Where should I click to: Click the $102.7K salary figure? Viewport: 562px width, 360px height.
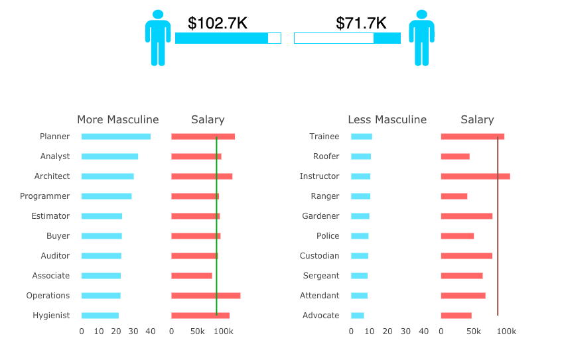[x=217, y=23]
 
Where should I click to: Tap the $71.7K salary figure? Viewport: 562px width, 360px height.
[x=361, y=23]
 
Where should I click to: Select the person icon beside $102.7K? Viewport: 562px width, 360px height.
[x=158, y=38]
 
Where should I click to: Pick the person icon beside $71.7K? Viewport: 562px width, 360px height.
[x=421, y=38]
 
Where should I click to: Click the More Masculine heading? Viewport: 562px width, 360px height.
[x=118, y=120]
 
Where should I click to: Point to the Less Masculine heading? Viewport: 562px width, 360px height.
[x=387, y=120]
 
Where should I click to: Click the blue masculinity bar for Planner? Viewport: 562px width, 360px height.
[x=116, y=137]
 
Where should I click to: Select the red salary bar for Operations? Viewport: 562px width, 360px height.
[x=206, y=296]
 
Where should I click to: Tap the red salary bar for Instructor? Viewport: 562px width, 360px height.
[x=475, y=176]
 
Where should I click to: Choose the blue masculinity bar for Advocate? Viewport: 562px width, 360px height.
[x=358, y=316]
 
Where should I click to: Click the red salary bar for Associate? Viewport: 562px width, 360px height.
[x=192, y=276]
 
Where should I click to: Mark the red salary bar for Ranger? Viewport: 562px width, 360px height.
[x=454, y=196]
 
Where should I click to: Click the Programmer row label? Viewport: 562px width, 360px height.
[x=45, y=196]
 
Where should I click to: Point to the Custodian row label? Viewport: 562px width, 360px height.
[x=319, y=256]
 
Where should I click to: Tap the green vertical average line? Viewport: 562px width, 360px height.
[x=216, y=225]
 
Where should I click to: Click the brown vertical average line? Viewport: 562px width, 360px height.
[x=498, y=225]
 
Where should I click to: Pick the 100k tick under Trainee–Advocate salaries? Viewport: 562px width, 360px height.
[x=506, y=331]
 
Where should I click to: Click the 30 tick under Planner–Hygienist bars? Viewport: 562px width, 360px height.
[x=133, y=331]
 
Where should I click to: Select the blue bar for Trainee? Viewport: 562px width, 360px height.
[x=362, y=137]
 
